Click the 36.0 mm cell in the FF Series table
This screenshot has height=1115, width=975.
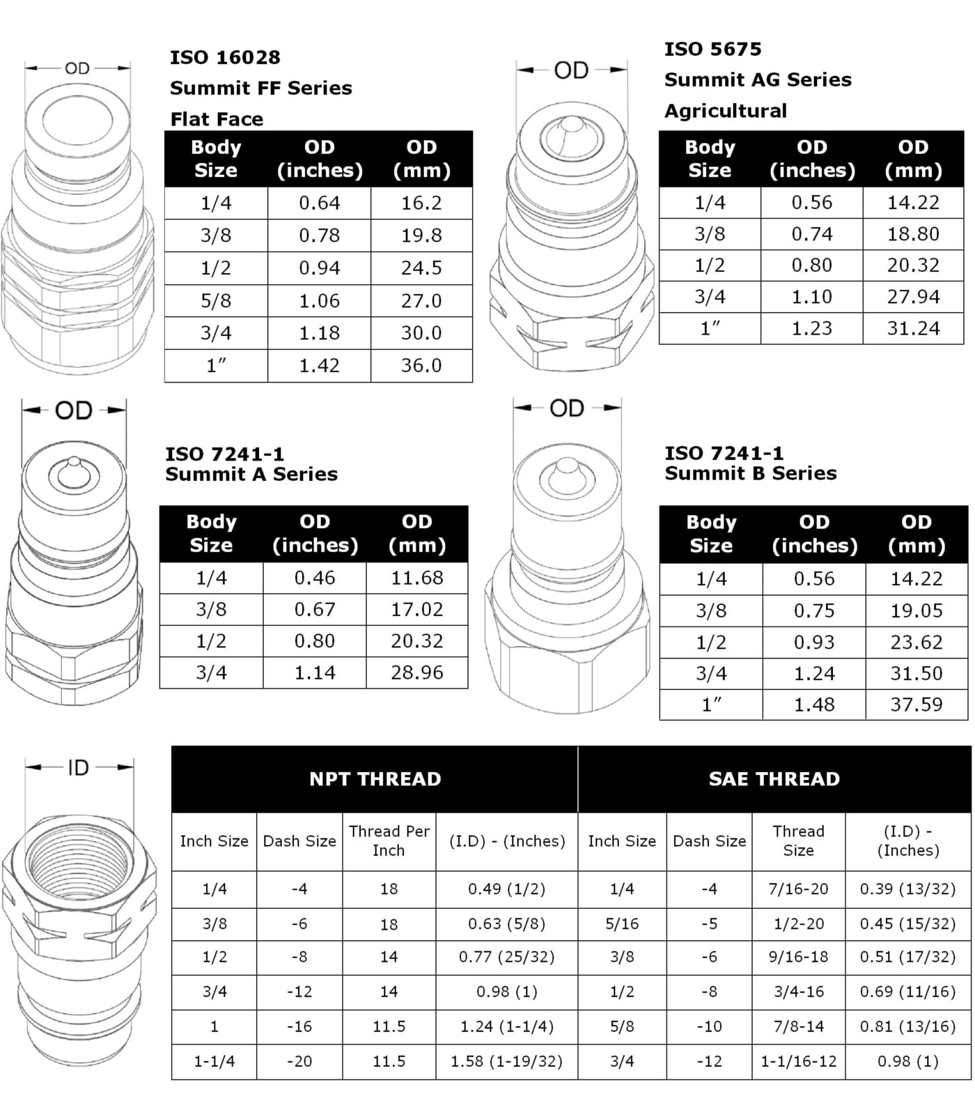tap(421, 365)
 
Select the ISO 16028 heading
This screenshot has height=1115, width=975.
tap(225, 57)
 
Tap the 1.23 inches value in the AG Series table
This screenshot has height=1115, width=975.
tap(811, 328)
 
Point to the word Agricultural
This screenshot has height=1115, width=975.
tap(725, 111)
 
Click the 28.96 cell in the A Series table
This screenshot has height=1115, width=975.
tap(416, 672)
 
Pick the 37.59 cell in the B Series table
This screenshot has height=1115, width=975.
tap(916, 705)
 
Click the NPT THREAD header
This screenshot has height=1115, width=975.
tap(375, 778)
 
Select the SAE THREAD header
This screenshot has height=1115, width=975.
tap(774, 778)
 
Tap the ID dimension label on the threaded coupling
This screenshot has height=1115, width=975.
tap(78, 768)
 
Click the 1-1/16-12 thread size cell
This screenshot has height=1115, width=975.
tap(798, 1061)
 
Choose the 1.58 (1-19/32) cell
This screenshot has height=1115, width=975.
tap(506, 1061)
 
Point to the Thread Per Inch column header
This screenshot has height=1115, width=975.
tap(389, 840)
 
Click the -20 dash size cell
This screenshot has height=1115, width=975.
tap(299, 1061)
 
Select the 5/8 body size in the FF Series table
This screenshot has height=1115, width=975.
tap(216, 300)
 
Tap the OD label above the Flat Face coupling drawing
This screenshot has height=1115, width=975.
tap(77, 68)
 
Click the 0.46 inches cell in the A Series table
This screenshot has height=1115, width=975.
tap(315, 578)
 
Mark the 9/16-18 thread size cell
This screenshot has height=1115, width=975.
tap(798, 957)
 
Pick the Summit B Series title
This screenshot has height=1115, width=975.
tap(750, 473)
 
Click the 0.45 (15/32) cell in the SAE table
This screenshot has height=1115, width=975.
tap(907, 923)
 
